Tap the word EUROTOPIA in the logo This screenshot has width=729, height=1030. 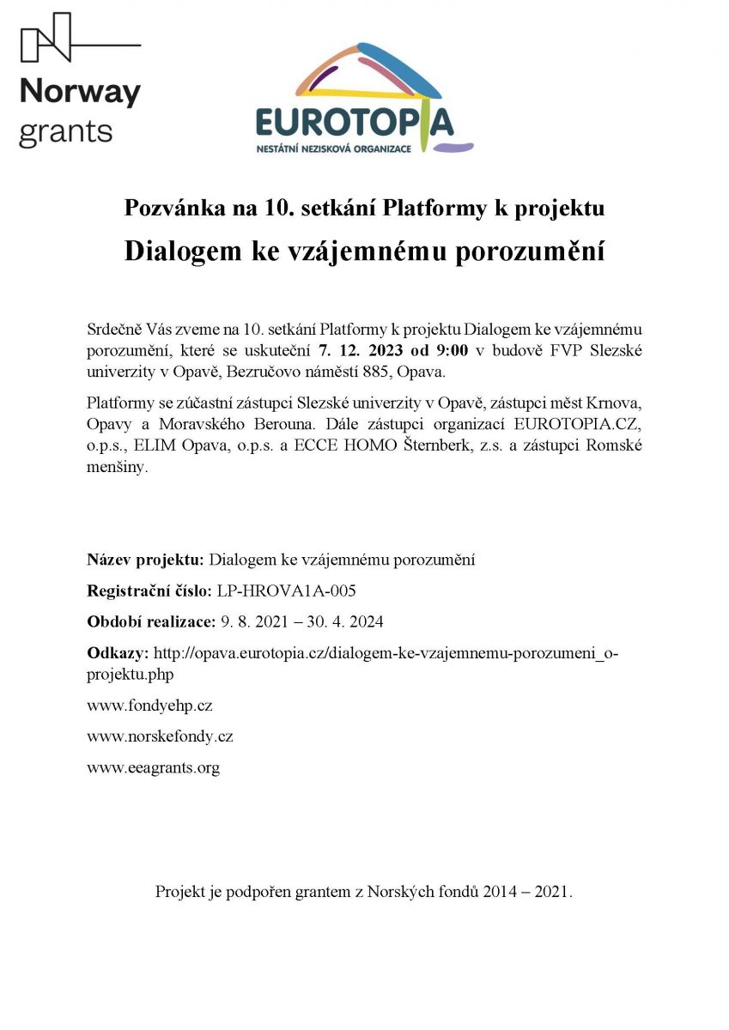coord(354,124)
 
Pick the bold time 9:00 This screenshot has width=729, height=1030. coord(450,350)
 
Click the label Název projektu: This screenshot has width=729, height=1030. coord(145,560)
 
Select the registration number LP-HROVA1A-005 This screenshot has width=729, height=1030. coord(286,591)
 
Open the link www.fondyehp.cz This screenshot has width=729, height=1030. coord(149,706)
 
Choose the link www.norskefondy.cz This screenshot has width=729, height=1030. coord(160,736)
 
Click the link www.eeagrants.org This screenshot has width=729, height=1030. coord(153,767)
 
